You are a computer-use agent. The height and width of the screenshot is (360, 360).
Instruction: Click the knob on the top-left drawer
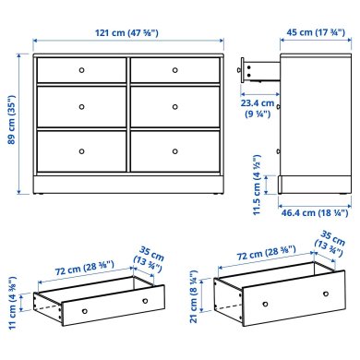(81, 69)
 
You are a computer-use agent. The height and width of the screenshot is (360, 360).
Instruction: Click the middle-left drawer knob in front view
(81, 104)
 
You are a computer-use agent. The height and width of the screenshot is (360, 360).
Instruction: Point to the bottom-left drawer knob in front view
(81, 150)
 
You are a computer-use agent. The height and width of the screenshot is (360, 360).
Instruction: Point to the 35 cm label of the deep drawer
(328, 243)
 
